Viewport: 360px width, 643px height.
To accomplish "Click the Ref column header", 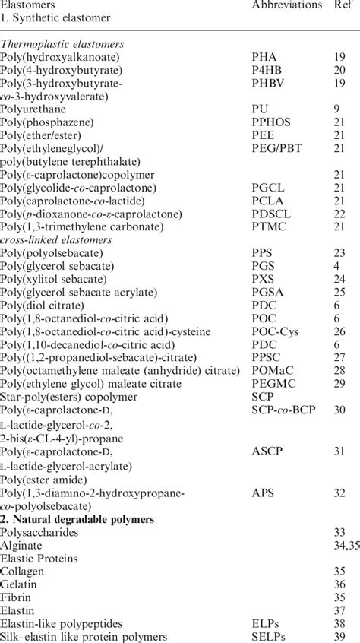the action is click(344, 5).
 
